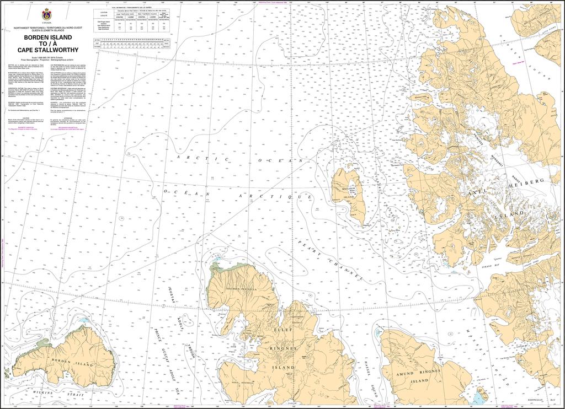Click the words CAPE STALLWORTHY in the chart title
coord(47,50)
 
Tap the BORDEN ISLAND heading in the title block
coord(47,37)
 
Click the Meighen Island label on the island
coord(349,192)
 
